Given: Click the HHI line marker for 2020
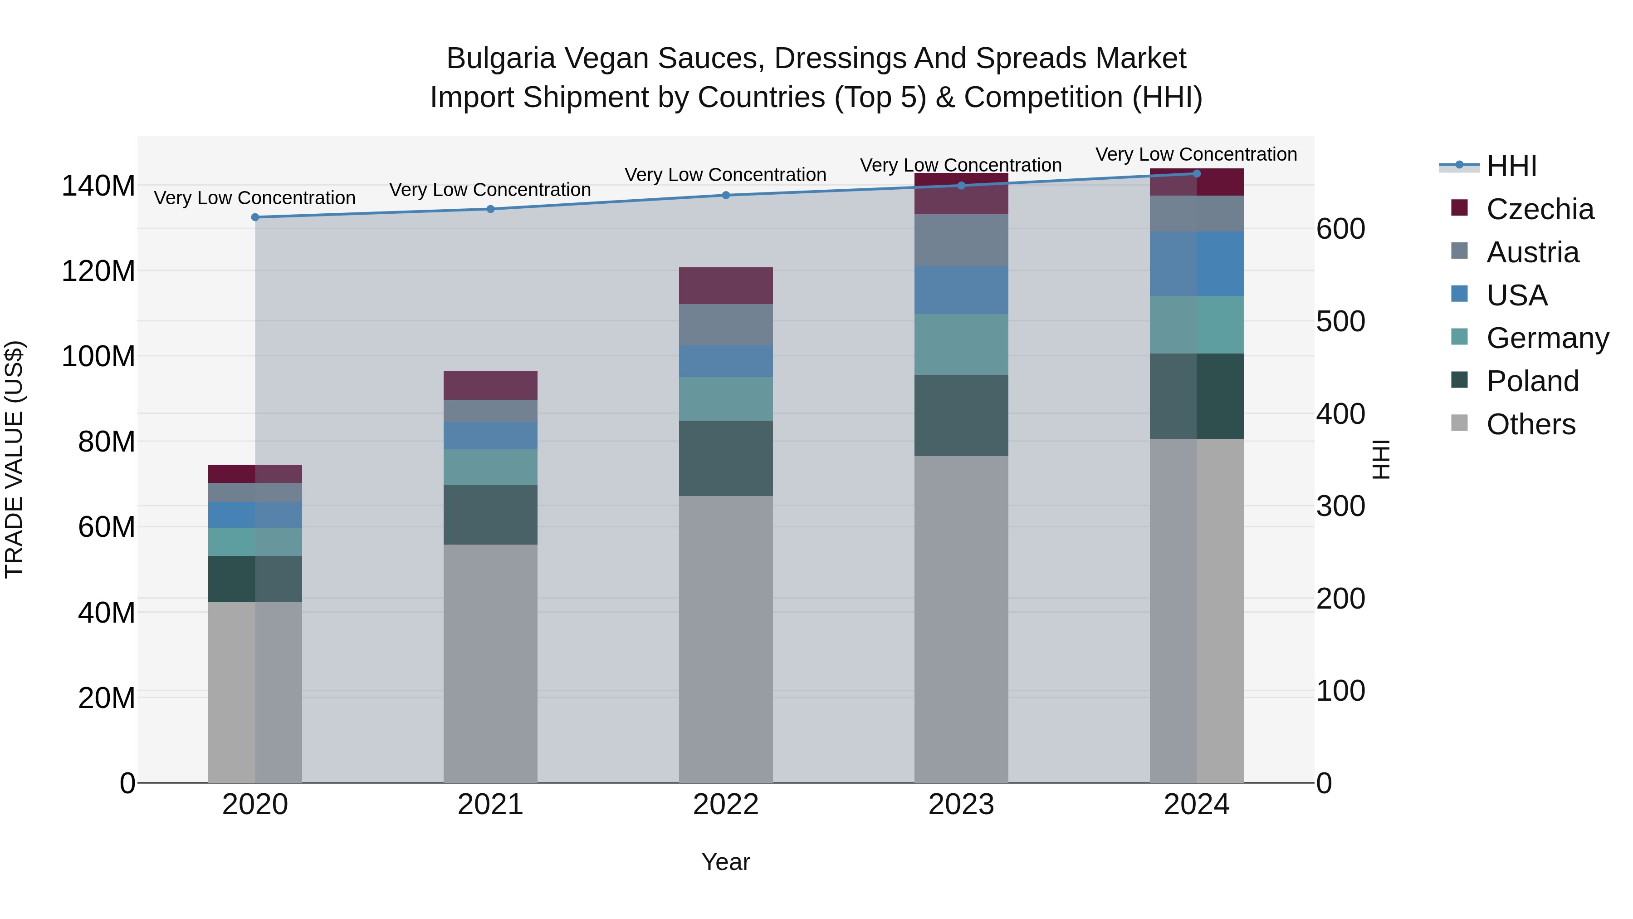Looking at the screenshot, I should (x=255, y=217).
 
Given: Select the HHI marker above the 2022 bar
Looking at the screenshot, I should (x=726, y=195).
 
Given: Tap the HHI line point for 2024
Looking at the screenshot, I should (x=1196, y=173).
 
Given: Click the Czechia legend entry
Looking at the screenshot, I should (x=1539, y=209).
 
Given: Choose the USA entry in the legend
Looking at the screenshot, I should (x=1516, y=295).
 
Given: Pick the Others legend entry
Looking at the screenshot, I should (x=1530, y=424).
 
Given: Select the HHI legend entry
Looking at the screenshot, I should (x=1511, y=166).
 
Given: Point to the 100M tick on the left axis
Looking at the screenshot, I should (x=98, y=356).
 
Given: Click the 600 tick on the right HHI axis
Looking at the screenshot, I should (x=1340, y=229).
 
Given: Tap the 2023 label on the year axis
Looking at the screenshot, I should (x=961, y=805).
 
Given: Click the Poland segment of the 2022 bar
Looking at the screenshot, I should (x=726, y=458).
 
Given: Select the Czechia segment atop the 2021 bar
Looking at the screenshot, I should (x=490, y=385).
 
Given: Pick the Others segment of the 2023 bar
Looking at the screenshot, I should (x=961, y=619).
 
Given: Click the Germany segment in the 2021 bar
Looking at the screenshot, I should (x=490, y=467).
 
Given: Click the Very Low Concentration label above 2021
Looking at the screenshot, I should (x=490, y=190).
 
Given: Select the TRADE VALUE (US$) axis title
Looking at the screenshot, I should (x=14, y=459).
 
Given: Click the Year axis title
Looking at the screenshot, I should (x=726, y=862).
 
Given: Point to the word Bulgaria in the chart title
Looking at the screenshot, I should (x=501, y=59).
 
